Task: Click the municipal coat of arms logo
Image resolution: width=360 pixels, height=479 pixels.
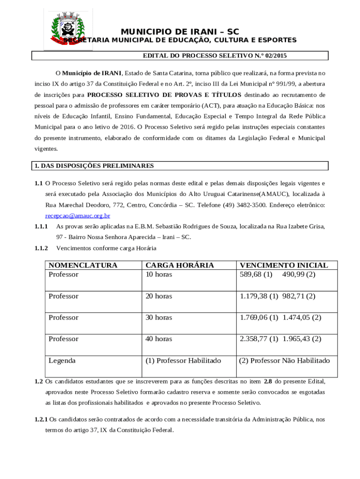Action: (x=68, y=29)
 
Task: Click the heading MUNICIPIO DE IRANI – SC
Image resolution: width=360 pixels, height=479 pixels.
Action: (x=180, y=32)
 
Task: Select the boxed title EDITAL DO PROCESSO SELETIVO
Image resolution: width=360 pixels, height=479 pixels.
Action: (x=215, y=56)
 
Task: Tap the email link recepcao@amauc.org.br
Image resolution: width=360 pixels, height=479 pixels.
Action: (x=78, y=216)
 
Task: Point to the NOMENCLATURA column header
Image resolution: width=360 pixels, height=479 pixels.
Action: (x=83, y=265)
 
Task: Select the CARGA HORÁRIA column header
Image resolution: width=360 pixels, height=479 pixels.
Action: (x=180, y=265)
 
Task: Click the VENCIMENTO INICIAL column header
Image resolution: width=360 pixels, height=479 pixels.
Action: (x=284, y=265)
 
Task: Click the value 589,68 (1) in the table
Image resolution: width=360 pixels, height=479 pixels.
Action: (x=256, y=275)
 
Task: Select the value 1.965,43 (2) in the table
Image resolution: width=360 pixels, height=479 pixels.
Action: (x=302, y=339)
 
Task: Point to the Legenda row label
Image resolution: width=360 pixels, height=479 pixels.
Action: (x=62, y=361)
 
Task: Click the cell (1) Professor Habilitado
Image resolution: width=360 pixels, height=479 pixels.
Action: (x=183, y=361)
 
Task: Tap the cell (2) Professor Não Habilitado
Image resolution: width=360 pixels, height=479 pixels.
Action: (x=284, y=361)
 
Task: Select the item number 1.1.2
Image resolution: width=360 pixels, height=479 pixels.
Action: (x=41, y=248)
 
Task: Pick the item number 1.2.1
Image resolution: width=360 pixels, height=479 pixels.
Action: (x=41, y=420)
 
